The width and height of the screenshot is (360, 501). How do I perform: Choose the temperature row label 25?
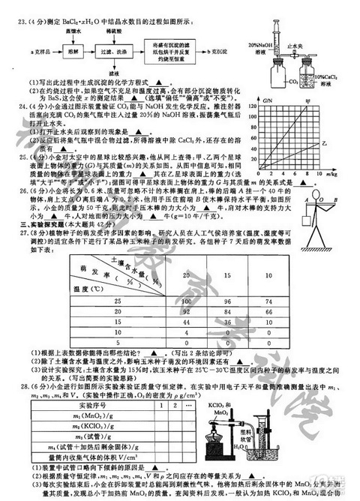(x=95, y=280)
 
